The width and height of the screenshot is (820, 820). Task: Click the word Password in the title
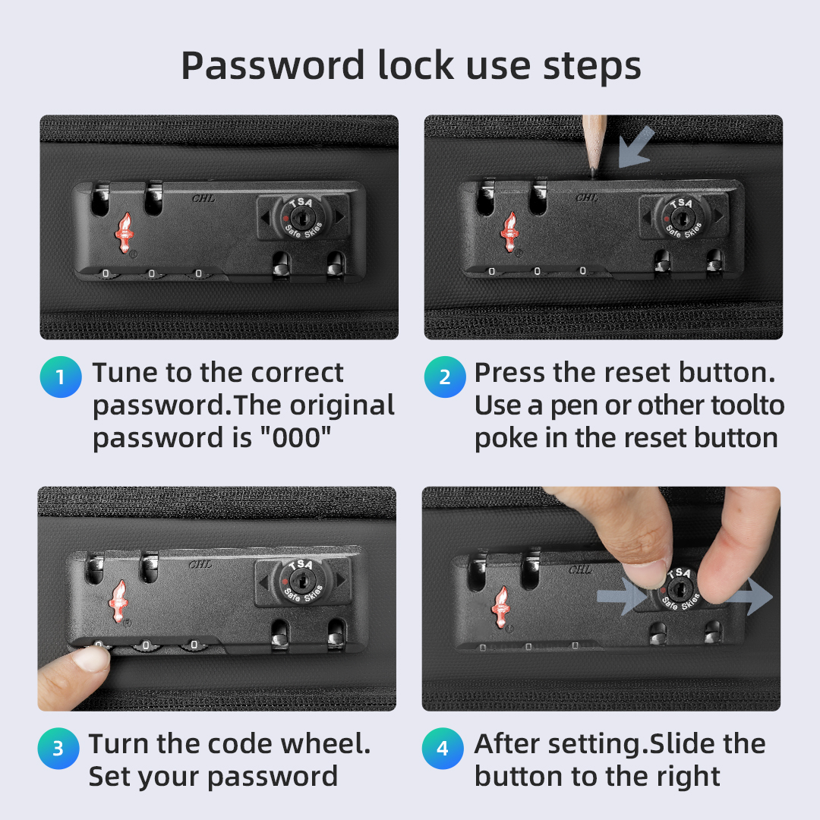click(273, 65)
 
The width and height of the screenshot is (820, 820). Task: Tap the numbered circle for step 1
click(61, 377)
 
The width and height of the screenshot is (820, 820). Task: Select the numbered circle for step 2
click(445, 377)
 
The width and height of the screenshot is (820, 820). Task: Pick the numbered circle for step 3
click(58, 749)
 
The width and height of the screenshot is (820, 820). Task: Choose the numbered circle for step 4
click(443, 749)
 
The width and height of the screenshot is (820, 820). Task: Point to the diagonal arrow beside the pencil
click(636, 147)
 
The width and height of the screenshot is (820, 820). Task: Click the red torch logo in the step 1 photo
click(125, 233)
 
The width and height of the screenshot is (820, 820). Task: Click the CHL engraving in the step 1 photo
click(203, 198)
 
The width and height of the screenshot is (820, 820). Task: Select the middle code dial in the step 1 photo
click(152, 273)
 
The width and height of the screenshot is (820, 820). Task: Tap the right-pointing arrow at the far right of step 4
click(750, 597)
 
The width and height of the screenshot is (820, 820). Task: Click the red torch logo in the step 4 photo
click(502, 607)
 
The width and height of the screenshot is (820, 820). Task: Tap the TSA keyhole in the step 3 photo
click(300, 580)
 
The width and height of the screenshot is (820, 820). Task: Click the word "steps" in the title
click(592, 67)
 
